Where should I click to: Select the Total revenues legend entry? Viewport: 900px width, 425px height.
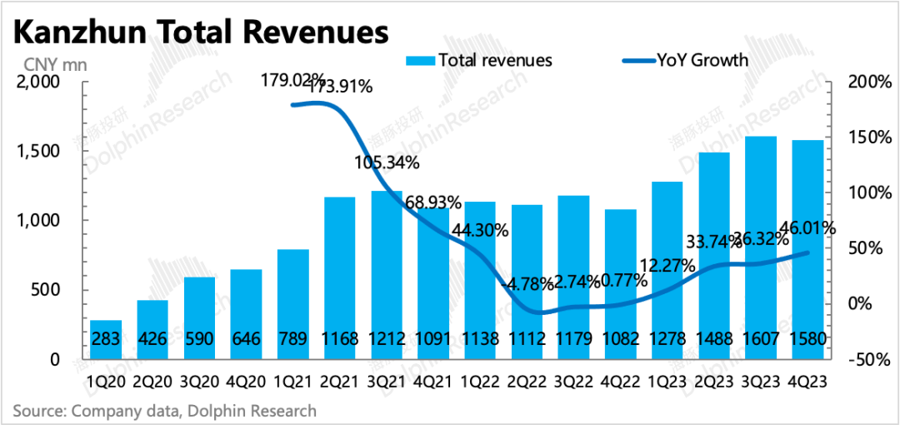(x=478, y=60)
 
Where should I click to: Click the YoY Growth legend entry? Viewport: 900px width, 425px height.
(x=685, y=60)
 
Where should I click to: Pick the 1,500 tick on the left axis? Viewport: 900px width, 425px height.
(x=37, y=152)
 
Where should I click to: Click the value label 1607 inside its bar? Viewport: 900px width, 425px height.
(x=761, y=340)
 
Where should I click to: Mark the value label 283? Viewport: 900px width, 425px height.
(x=106, y=340)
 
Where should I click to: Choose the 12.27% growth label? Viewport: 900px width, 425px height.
(x=664, y=266)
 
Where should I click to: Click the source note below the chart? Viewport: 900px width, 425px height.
(x=164, y=411)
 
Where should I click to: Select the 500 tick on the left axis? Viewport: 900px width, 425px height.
(x=42, y=290)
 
